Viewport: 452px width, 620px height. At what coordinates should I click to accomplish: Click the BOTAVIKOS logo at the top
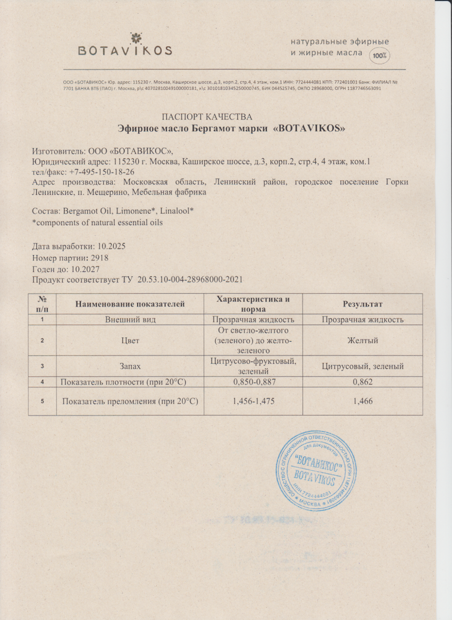point(125,46)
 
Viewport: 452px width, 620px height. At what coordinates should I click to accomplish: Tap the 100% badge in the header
point(380,55)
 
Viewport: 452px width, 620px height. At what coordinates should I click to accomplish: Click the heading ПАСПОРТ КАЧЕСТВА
point(206,117)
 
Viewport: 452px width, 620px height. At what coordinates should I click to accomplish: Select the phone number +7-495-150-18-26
point(101,172)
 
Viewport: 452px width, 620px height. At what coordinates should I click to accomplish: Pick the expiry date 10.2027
point(86,269)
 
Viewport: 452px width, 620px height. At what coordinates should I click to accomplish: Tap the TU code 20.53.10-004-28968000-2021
point(190,280)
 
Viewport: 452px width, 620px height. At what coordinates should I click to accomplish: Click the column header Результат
point(363,304)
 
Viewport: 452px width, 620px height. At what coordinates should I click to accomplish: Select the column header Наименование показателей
point(130,304)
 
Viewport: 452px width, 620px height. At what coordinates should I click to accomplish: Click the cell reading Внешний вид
point(130,320)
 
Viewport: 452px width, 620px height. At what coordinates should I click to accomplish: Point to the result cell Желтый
point(363,341)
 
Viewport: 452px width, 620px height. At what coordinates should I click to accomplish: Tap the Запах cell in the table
point(130,366)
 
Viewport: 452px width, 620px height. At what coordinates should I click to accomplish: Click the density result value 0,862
point(363,381)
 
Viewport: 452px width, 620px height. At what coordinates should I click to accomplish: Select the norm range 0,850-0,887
point(254,381)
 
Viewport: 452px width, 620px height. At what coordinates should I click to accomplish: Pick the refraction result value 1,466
point(363,402)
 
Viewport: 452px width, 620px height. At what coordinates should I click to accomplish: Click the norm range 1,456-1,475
point(254,402)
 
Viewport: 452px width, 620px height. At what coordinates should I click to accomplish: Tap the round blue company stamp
point(316,468)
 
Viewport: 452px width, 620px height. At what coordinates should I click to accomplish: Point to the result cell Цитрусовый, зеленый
point(363,366)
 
